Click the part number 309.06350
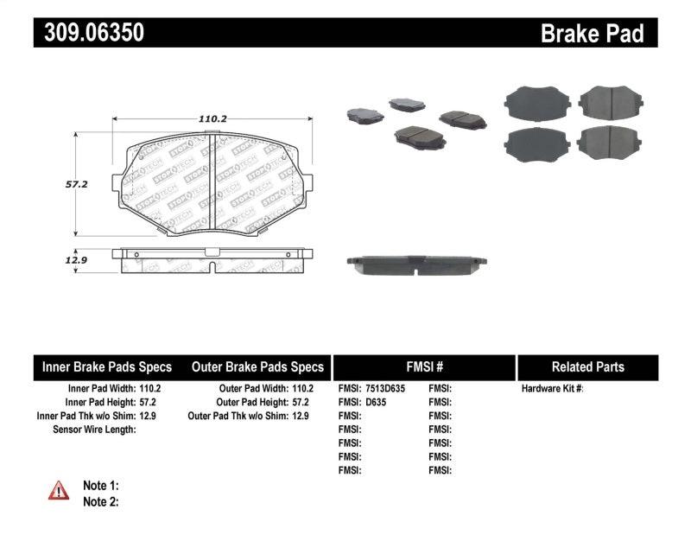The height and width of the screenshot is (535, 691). point(89,33)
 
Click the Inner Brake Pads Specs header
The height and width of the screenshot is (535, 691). point(107,366)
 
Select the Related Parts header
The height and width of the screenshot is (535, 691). point(587,366)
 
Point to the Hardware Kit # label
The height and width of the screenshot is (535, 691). point(552,389)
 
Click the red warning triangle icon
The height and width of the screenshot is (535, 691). point(59,491)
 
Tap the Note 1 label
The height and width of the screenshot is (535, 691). point(100,486)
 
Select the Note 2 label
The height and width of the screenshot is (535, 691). point(100,501)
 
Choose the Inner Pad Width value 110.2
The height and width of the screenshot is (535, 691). point(150,389)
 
